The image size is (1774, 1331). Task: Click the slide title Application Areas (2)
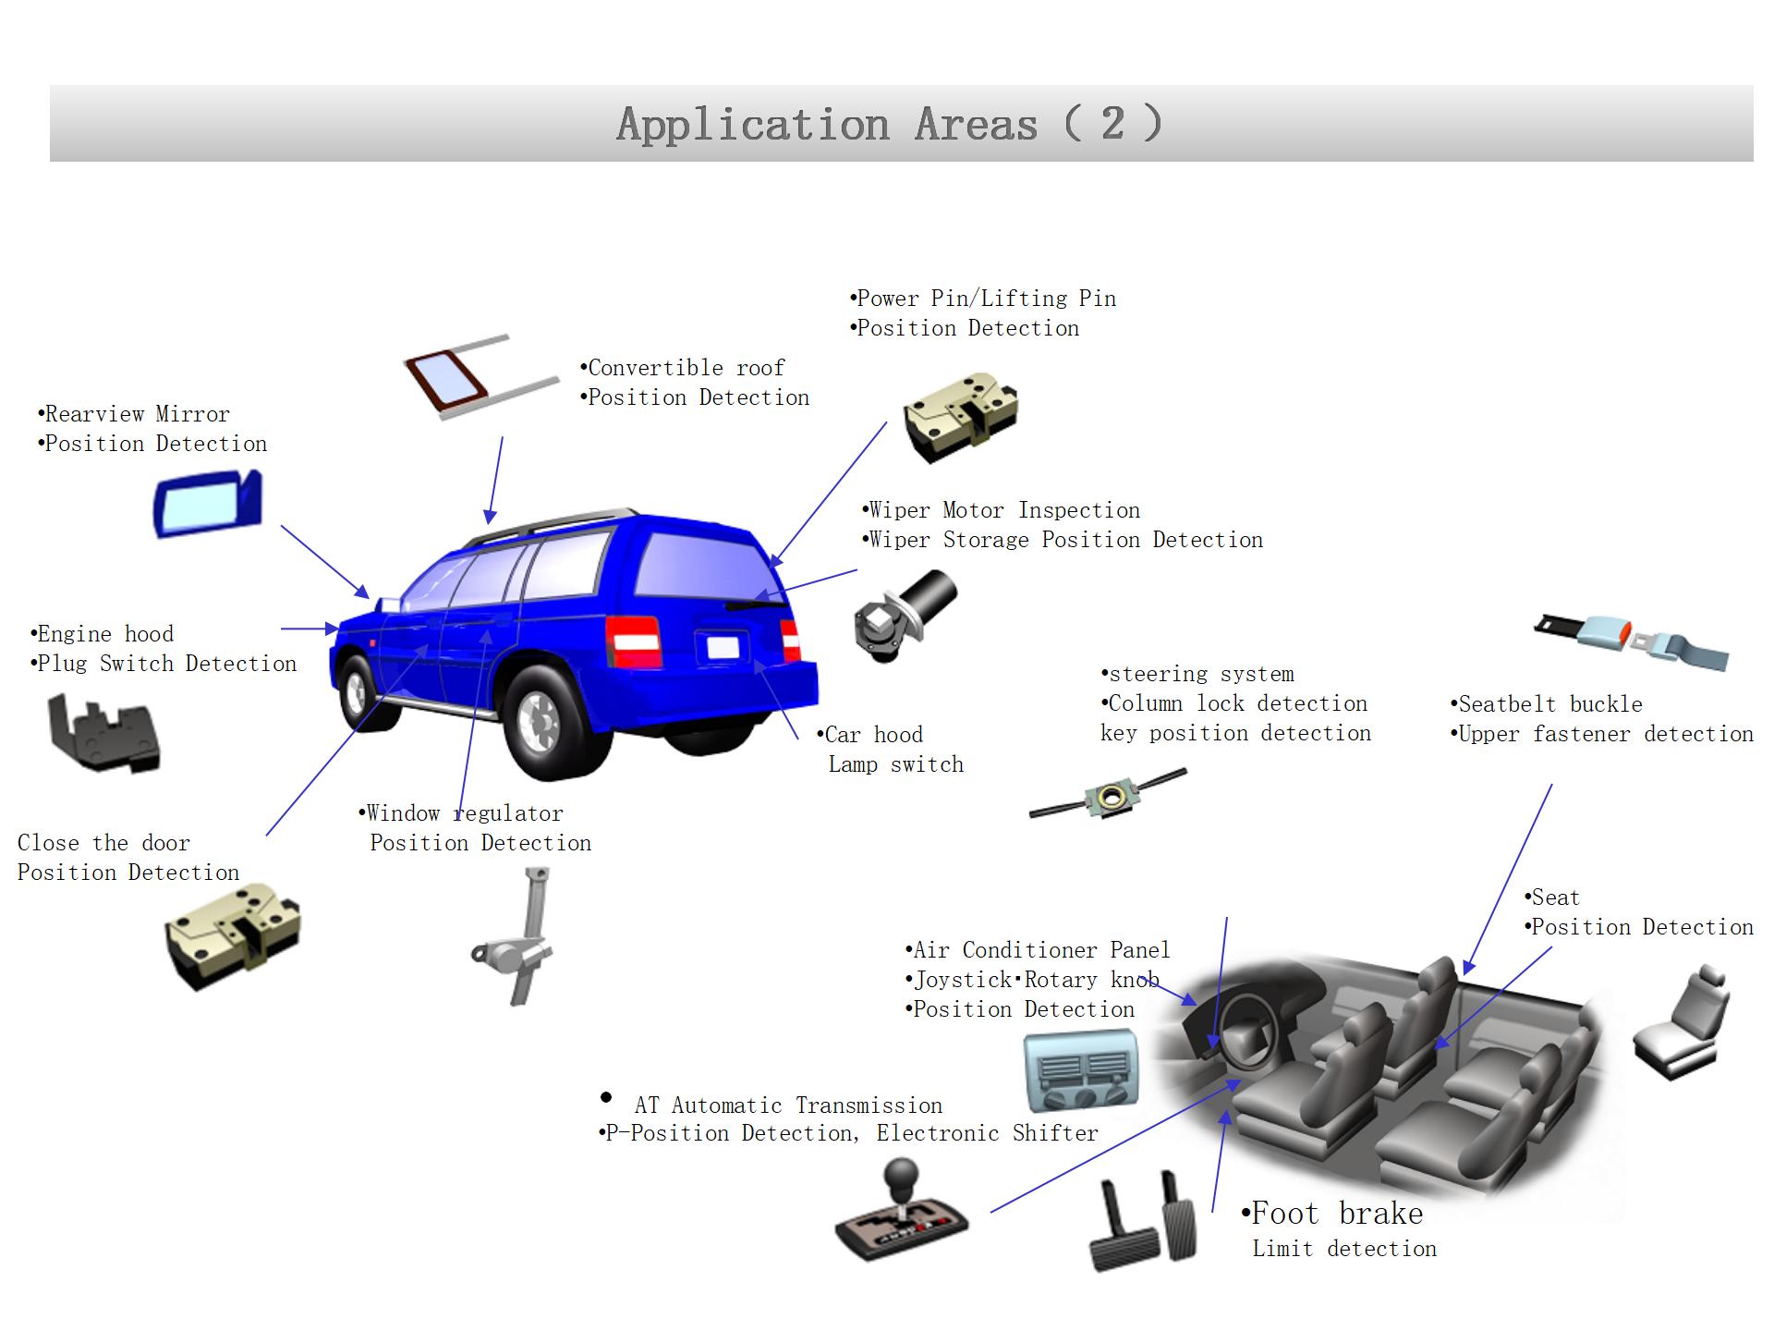(x=889, y=124)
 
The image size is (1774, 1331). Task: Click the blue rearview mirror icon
(x=208, y=504)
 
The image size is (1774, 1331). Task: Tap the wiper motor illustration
(x=905, y=615)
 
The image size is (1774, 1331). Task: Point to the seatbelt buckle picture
(x=1631, y=640)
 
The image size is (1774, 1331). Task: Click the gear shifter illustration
(x=901, y=1211)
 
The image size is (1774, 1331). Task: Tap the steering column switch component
(x=1107, y=795)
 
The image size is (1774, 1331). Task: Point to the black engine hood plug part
(x=104, y=735)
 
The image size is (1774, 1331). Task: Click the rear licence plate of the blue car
(x=723, y=648)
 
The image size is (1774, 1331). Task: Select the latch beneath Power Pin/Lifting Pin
(x=961, y=416)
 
